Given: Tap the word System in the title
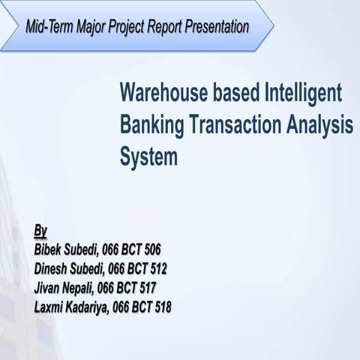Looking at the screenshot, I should [148, 158].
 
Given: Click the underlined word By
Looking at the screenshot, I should [41, 229].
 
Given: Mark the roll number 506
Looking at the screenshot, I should [151, 249].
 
